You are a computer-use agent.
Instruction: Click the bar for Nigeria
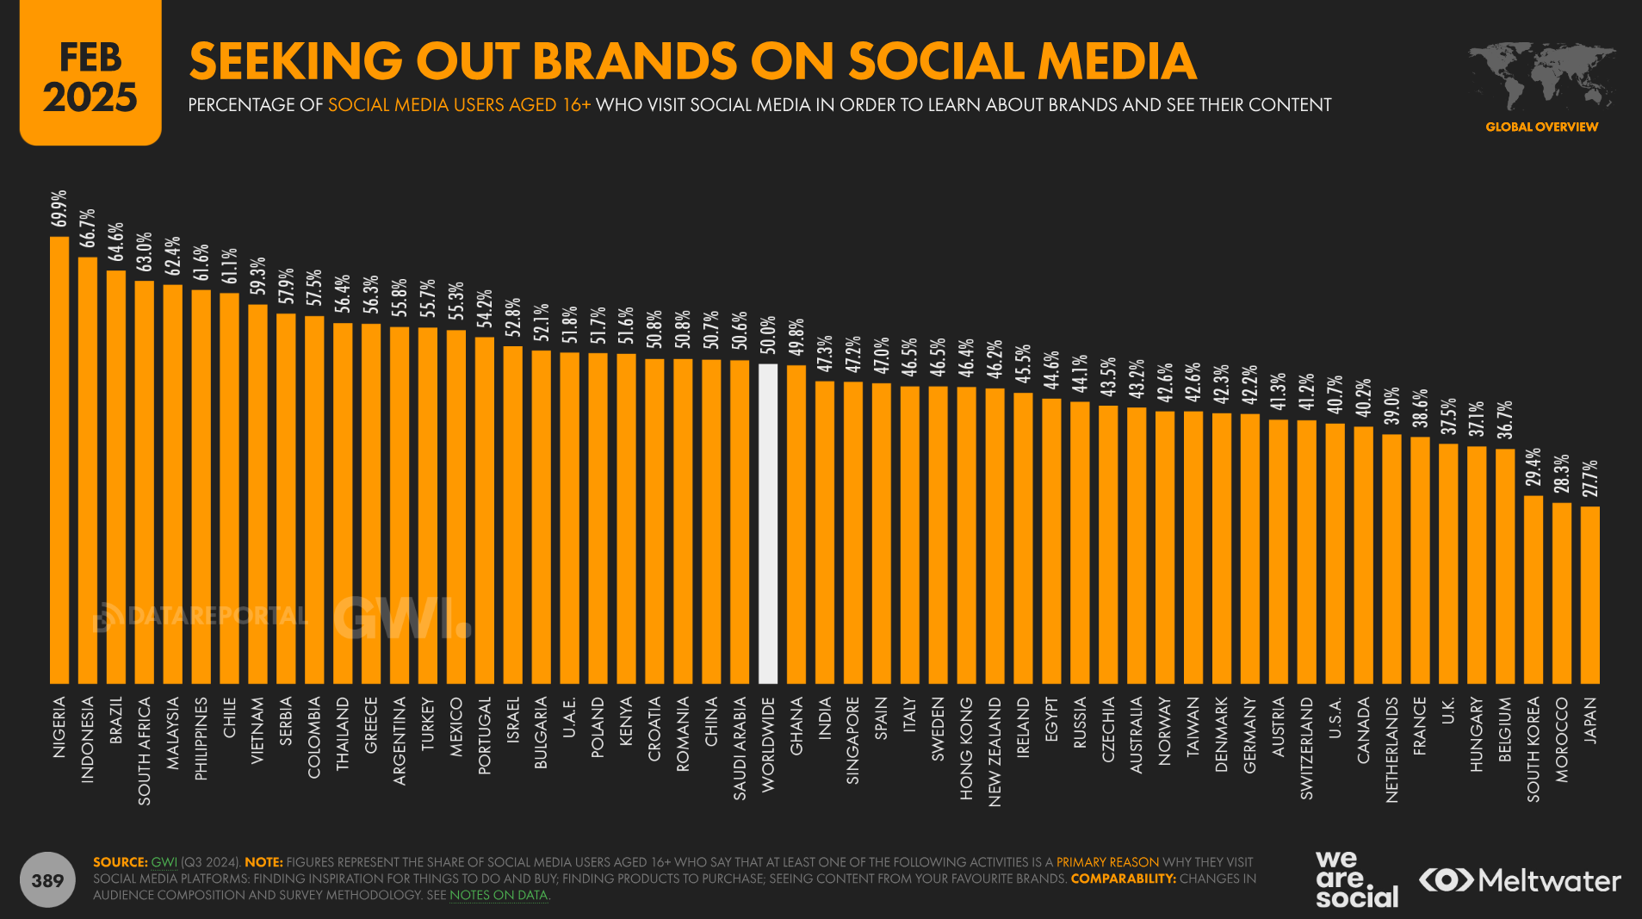pos(59,461)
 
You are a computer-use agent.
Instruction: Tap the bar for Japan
pos(1590,595)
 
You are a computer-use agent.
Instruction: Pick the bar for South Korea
pos(1534,590)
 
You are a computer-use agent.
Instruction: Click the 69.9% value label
pos(59,208)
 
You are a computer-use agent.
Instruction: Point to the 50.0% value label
pos(768,335)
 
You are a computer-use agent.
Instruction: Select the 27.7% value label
pos(1590,478)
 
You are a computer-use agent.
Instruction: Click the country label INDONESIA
pos(88,739)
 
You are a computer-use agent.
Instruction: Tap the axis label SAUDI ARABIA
pos(740,748)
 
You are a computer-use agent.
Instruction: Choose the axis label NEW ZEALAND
pos(994,751)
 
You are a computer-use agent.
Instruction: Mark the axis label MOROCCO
pos(1562,739)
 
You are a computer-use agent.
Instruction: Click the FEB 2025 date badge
pos(90,76)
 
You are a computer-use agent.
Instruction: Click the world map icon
pos(1540,76)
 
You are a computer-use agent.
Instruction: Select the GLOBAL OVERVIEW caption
pos(1541,127)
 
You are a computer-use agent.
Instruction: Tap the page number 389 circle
pos(47,880)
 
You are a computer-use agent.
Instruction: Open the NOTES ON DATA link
pos(499,895)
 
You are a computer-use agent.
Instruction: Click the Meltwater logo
pos(1520,880)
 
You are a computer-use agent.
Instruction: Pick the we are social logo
pos(1356,879)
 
